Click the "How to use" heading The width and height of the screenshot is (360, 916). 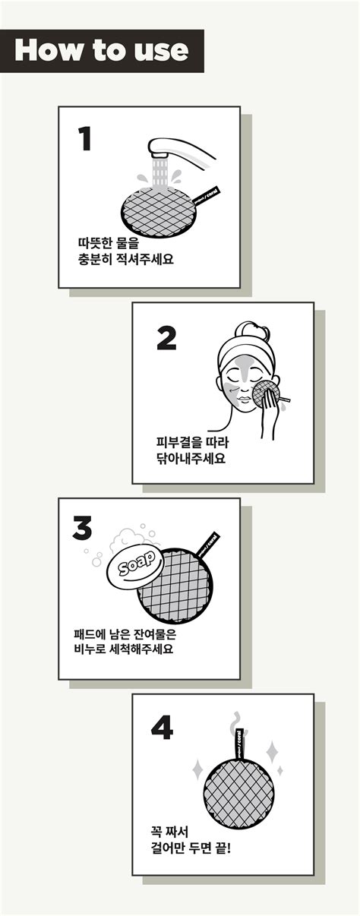[102, 50]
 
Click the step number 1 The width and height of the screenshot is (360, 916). [85, 139]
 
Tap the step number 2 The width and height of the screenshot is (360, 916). [166, 338]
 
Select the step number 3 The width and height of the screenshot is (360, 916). [82, 528]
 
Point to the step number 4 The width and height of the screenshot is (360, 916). [162, 728]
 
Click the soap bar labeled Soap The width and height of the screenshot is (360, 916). [135, 566]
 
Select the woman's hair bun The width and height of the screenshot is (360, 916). [251, 329]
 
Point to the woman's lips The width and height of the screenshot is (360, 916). [245, 400]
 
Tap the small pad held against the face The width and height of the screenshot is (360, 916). [266, 393]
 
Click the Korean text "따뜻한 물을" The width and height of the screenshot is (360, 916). [109, 244]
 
